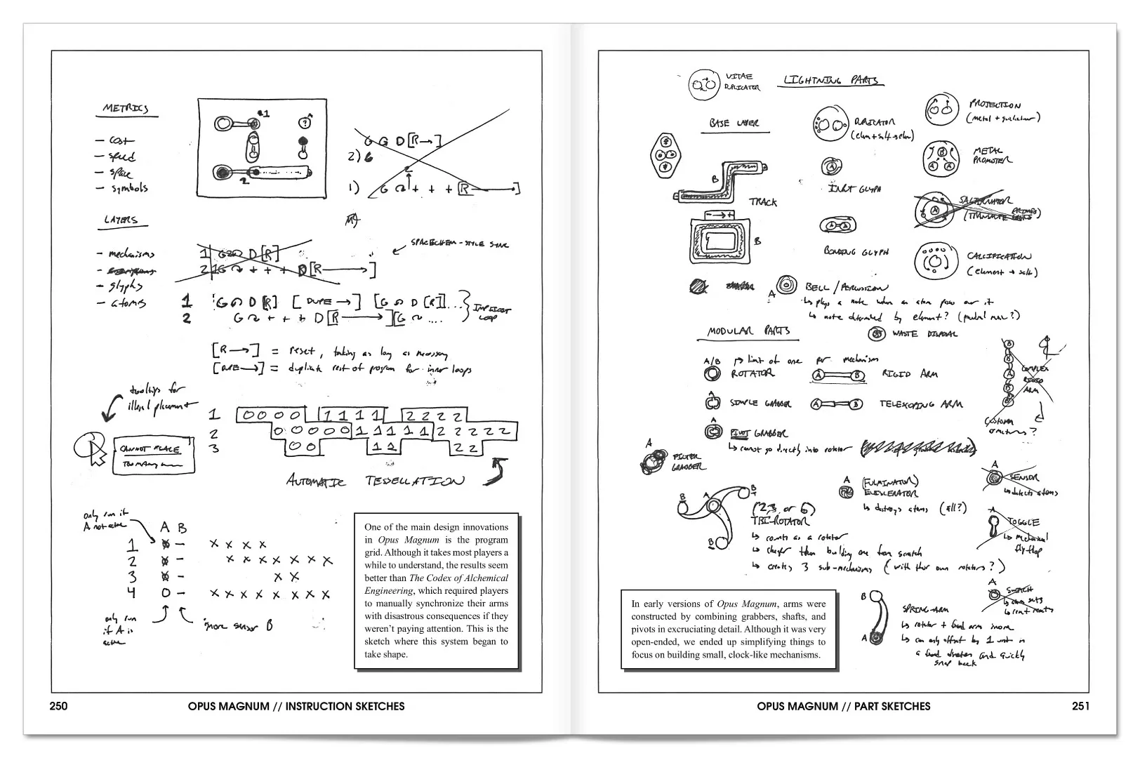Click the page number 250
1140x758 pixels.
tap(59, 706)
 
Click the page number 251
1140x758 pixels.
tap(1080, 706)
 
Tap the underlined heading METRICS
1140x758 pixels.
tap(126, 109)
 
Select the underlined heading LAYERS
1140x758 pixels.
tap(121, 220)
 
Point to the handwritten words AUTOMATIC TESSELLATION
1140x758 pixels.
tap(375, 481)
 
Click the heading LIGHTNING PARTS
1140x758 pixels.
tap(830, 81)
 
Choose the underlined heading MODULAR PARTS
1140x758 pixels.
tap(748, 331)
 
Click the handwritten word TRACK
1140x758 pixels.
tap(762, 202)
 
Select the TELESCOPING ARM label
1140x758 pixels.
tap(921, 404)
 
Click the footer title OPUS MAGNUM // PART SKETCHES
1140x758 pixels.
tap(843, 706)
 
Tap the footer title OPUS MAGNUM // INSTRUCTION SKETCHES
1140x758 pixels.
tap(296, 706)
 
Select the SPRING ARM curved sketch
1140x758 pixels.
tap(876, 618)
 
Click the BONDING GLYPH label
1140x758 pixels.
tap(856, 251)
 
